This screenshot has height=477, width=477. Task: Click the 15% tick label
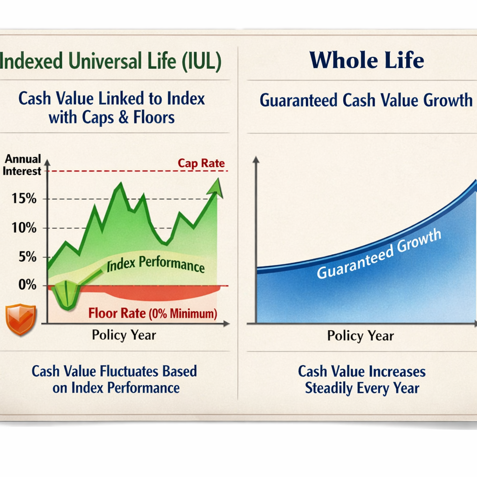(25, 199)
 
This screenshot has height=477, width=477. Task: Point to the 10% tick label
(25, 228)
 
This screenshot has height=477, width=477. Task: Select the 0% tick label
(27, 285)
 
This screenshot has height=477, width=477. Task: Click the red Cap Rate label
(201, 164)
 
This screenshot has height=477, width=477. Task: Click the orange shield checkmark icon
(21, 320)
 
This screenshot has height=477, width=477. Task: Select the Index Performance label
(156, 265)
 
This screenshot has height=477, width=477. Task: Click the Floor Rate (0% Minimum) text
(153, 313)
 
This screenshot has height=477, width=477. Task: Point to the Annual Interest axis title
(22, 165)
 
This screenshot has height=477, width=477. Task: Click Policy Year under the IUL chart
(124, 335)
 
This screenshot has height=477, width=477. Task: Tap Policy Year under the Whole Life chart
(361, 336)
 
